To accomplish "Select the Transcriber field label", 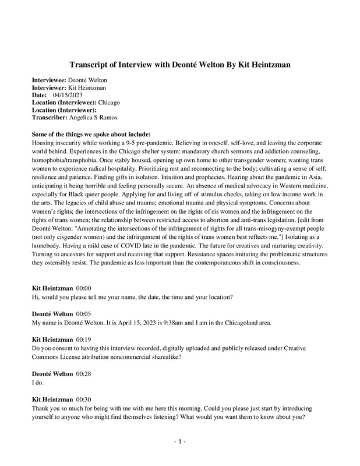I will tap(49, 117).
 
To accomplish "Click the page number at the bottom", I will tap(180, 442).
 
